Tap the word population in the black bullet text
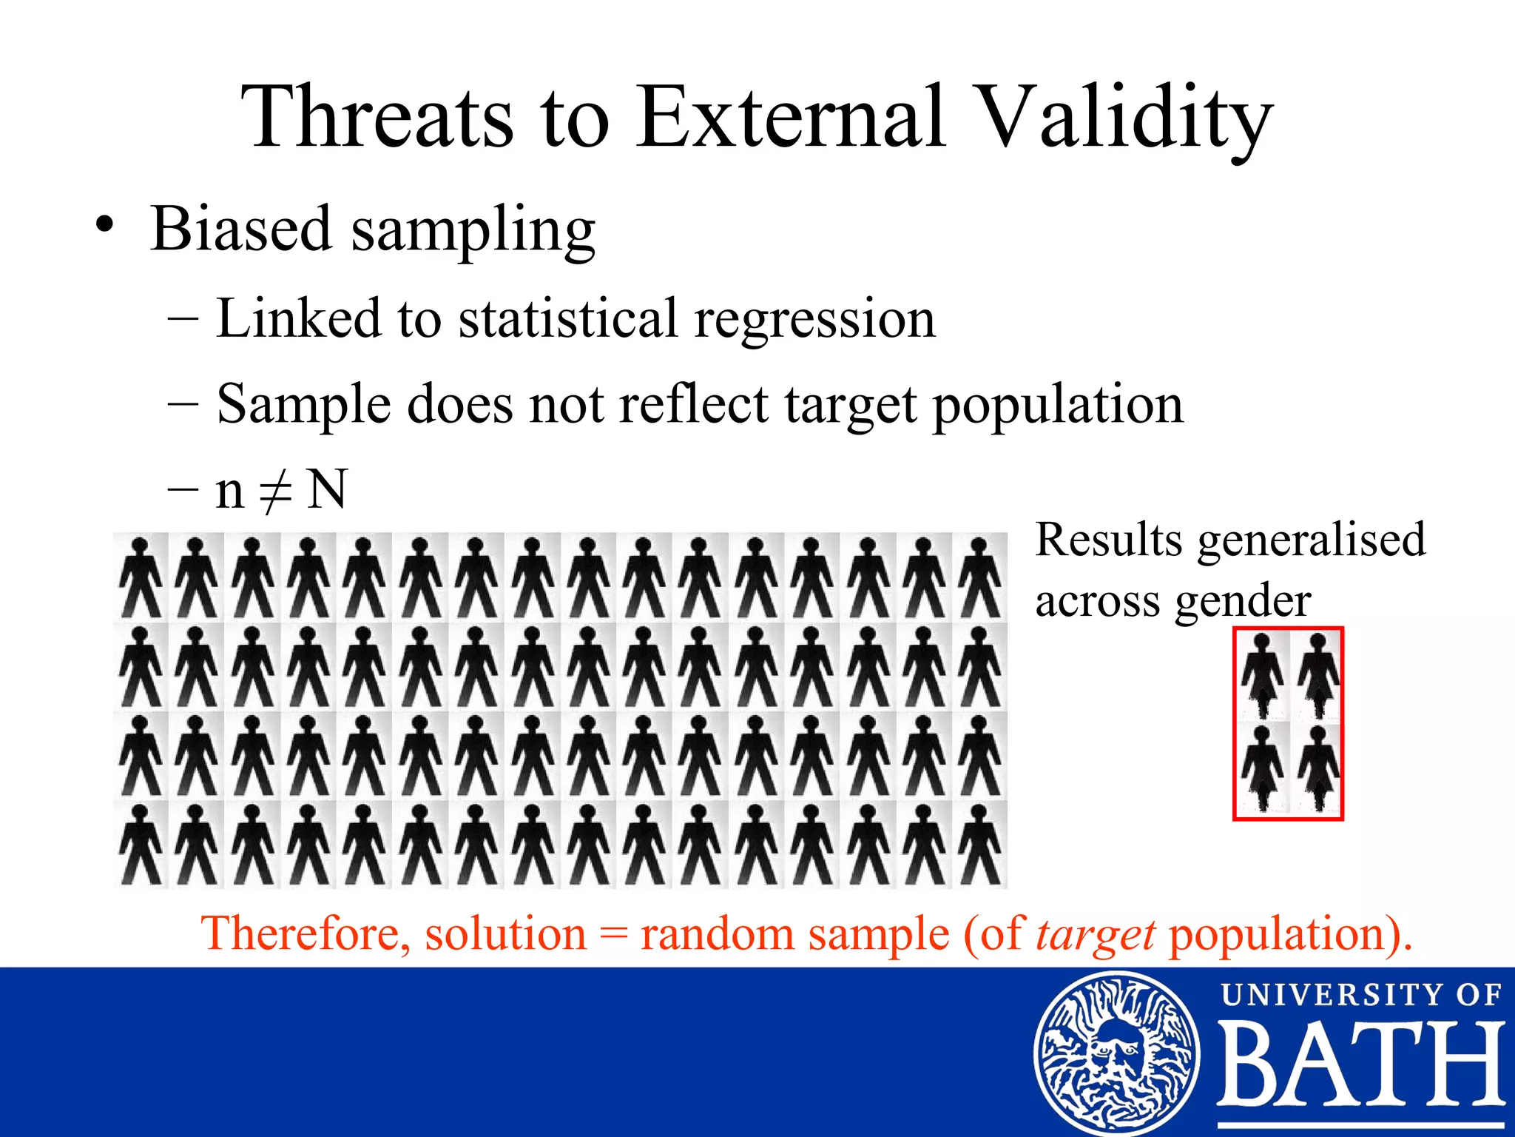coord(1057,405)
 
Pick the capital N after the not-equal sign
coord(326,489)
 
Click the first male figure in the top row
coord(141,577)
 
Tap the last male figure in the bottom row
coord(979,845)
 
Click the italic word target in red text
coord(1095,934)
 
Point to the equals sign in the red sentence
coord(613,934)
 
